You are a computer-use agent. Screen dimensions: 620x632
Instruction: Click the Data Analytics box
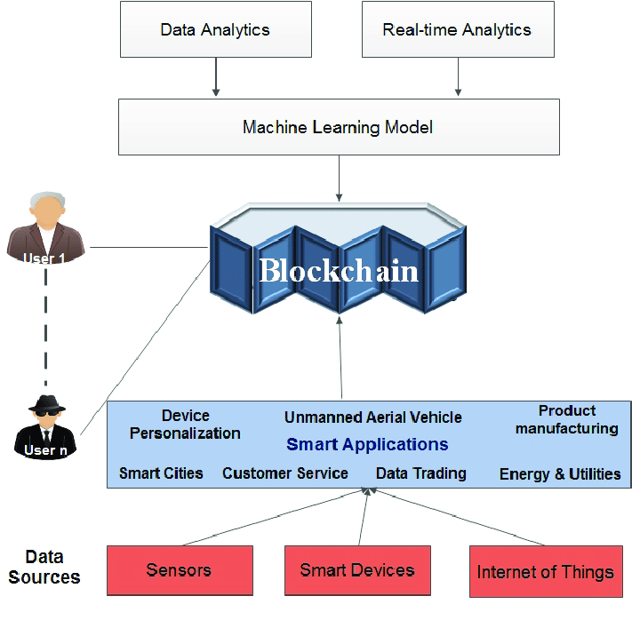214,29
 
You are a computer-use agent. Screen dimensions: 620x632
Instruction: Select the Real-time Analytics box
457,29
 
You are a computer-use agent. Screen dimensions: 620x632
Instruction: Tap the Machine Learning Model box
338,127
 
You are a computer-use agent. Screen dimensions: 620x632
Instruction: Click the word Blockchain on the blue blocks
338,270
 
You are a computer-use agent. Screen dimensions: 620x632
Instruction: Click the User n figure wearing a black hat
45,425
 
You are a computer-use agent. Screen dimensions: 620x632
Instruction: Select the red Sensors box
180,570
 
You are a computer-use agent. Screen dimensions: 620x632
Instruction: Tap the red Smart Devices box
357,570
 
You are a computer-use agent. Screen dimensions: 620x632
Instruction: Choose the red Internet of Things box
545,571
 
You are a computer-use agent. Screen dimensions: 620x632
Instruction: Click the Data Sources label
44,567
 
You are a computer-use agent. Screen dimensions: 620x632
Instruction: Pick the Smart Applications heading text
367,444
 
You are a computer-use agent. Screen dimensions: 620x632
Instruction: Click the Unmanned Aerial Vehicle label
372,417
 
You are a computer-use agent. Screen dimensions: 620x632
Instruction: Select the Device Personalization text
185,425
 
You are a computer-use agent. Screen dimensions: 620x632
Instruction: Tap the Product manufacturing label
566,419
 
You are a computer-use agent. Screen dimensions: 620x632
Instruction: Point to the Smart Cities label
161,473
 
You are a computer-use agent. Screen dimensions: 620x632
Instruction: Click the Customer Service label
285,473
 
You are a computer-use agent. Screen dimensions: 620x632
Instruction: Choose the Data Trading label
420,473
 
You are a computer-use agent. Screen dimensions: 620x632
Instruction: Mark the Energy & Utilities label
560,474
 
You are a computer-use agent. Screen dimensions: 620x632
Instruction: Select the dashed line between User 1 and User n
45,329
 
